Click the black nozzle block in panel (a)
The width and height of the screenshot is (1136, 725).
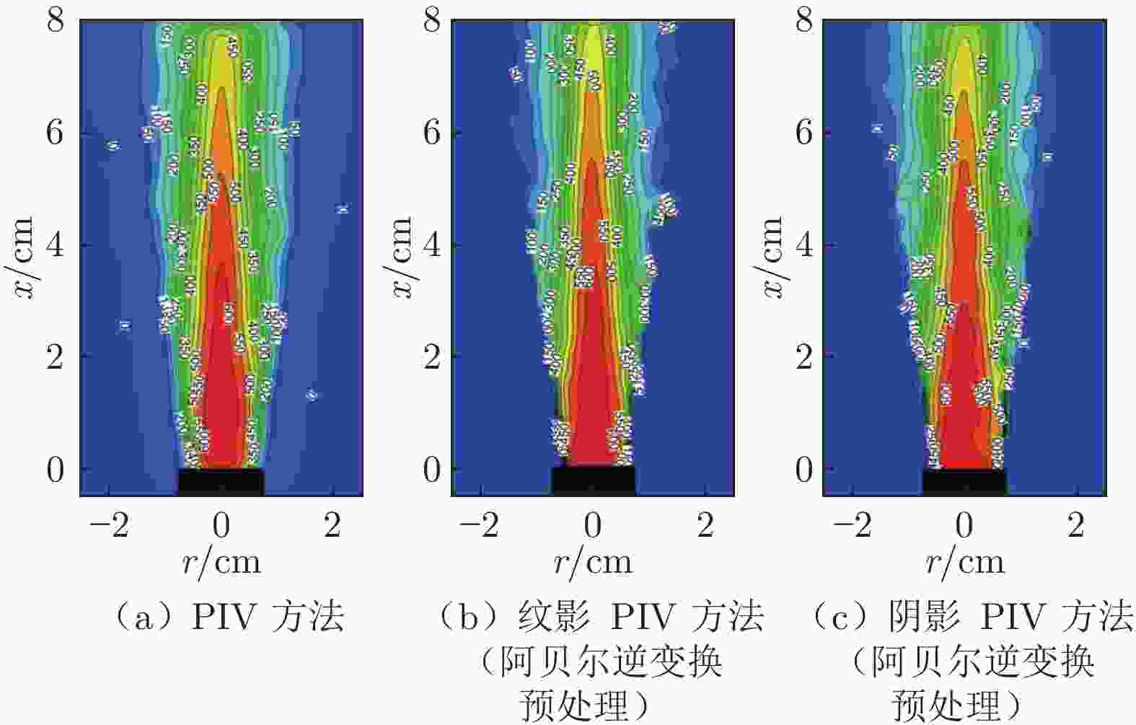coord(221,482)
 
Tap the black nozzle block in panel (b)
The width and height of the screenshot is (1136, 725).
coord(593,481)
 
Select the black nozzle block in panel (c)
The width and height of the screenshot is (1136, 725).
coord(964,482)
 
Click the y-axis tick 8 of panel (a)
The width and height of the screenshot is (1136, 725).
coord(56,21)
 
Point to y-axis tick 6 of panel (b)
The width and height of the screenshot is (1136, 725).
coord(431,133)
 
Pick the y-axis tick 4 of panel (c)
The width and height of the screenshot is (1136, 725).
coord(803,245)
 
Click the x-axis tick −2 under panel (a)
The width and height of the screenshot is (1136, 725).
coord(110,527)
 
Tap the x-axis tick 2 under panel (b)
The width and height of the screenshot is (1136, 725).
coord(705,527)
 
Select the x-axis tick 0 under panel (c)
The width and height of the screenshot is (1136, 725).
coord(964,527)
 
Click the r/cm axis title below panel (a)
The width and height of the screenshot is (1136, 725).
coord(221,562)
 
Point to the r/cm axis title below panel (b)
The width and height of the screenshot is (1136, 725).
coord(593,562)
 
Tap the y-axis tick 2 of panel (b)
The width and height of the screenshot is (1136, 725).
coord(431,357)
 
